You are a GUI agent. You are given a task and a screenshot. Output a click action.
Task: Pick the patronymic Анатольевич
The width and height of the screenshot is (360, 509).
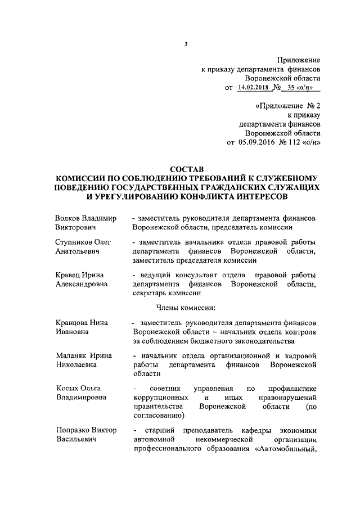point(77,251)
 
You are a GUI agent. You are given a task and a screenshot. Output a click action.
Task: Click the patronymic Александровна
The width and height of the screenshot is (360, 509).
point(83,284)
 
